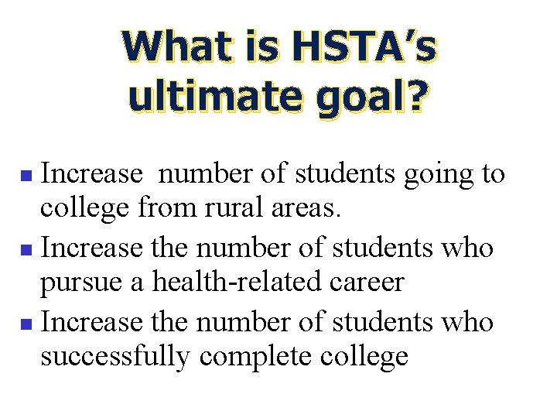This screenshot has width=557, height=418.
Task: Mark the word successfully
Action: [116, 357]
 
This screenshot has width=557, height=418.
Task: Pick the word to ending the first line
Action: [492, 175]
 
